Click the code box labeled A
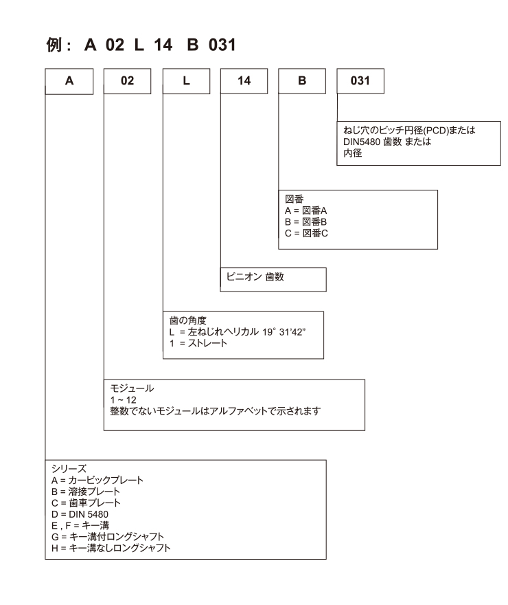click(x=69, y=81)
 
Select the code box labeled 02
click(x=128, y=81)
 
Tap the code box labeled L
click(x=187, y=81)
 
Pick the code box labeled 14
click(x=244, y=81)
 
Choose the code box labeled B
click(x=302, y=81)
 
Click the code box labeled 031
click(x=360, y=81)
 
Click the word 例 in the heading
click(x=54, y=45)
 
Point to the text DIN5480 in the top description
click(x=362, y=142)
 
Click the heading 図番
click(x=295, y=199)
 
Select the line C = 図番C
click(x=307, y=234)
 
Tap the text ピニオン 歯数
click(x=255, y=276)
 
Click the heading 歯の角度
click(x=188, y=320)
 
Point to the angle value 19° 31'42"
click(x=284, y=332)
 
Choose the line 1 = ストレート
click(x=198, y=343)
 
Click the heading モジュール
click(x=132, y=388)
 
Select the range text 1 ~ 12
click(x=124, y=399)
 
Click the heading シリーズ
click(x=69, y=469)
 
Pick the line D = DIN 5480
click(x=80, y=514)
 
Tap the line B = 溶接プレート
click(x=86, y=492)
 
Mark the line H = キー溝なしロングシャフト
click(x=111, y=548)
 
